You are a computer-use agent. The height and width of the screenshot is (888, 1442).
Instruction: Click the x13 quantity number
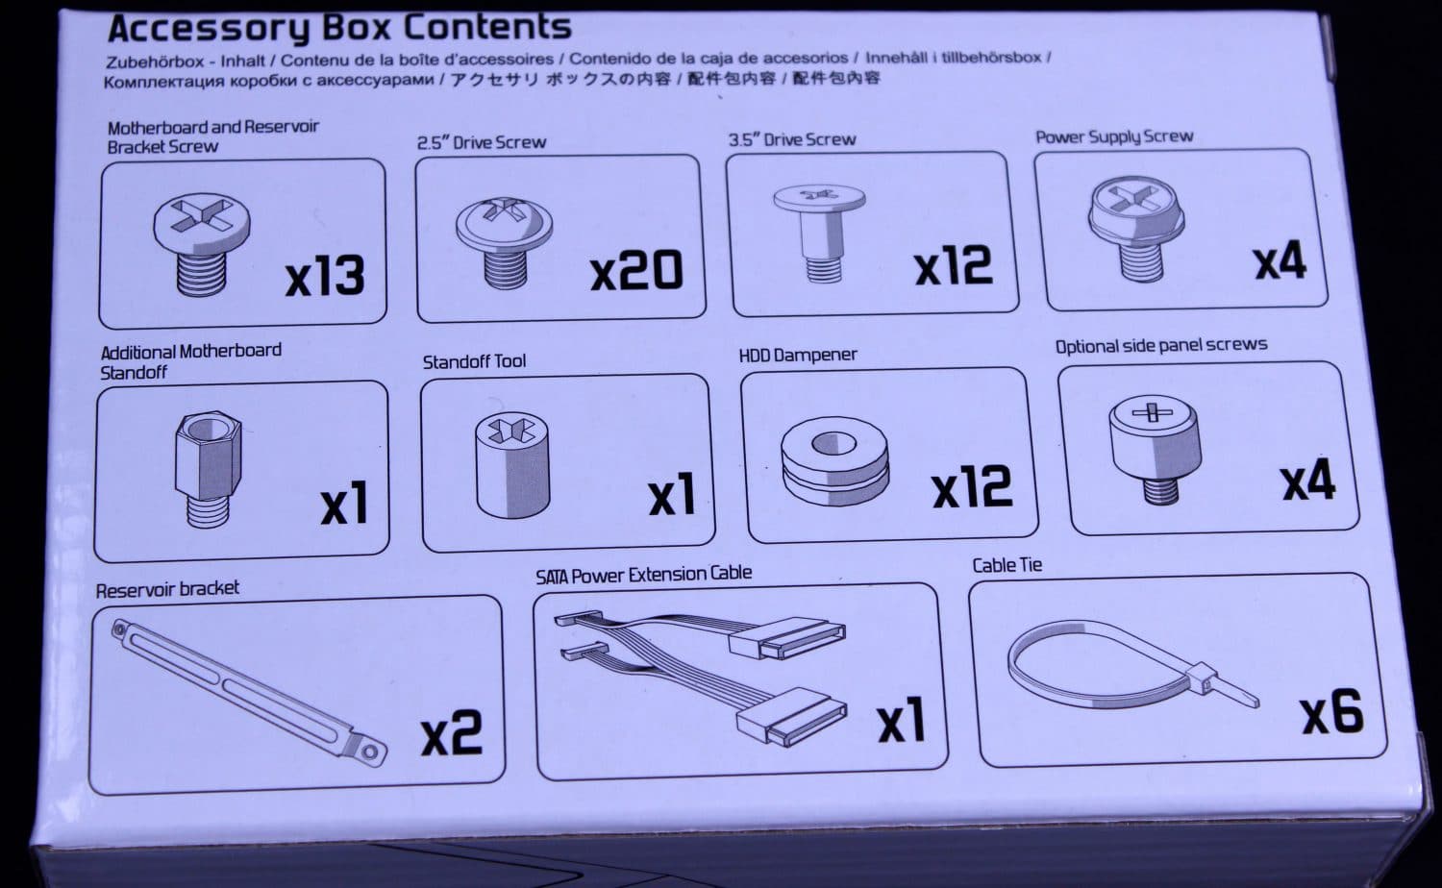pos(325,276)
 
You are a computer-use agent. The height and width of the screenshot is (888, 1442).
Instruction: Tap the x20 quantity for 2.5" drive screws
pos(636,270)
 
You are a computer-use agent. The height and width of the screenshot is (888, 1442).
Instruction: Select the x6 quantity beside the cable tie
pos(1331,712)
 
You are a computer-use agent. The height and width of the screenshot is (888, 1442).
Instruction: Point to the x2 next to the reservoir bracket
pos(451,733)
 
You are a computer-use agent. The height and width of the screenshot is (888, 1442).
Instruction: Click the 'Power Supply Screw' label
pos(1114,137)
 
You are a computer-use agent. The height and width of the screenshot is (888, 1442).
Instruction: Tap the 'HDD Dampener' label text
pos(798,356)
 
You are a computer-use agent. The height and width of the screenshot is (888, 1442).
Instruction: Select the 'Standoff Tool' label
pos(474,361)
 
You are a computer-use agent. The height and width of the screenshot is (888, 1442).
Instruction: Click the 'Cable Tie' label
pos(1007,566)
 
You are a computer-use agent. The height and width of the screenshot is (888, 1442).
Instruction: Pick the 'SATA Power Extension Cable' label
pos(644,575)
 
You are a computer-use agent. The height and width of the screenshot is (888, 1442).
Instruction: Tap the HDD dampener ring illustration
pos(835,461)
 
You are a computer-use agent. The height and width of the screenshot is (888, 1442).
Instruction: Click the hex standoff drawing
pos(208,470)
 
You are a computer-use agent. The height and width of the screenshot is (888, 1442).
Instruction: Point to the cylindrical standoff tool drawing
pos(512,464)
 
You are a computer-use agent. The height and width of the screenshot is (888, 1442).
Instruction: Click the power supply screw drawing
pos(1136,229)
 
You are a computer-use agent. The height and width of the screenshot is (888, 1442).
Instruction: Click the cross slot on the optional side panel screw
pos(1153,411)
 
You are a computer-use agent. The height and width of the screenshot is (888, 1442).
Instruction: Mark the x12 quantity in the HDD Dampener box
pos(972,486)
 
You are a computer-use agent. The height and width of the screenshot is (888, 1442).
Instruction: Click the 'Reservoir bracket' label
pos(167,589)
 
